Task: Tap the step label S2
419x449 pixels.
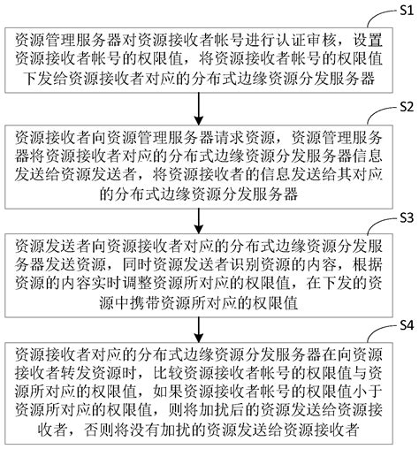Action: (405, 107)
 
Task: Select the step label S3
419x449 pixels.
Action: (405, 216)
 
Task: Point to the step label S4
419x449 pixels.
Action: (405, 325)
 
